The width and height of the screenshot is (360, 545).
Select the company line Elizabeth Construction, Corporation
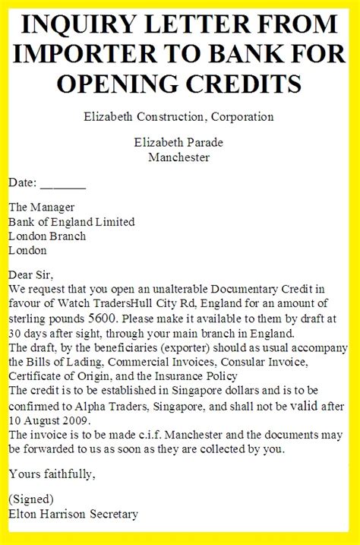click(x=180, y=117)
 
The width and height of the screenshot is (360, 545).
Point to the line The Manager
click(x=42, y=208)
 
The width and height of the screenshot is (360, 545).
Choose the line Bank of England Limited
click(x=71, y=222)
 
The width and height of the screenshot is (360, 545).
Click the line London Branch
click(x=47, y=236)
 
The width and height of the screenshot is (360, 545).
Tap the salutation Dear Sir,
click(x=32, y=274)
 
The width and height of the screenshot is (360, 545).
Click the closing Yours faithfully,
click(x=52, y=474)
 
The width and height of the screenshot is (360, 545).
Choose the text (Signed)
click(x=31, y=499)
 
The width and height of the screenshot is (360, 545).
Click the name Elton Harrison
click(x=50, y=514)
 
